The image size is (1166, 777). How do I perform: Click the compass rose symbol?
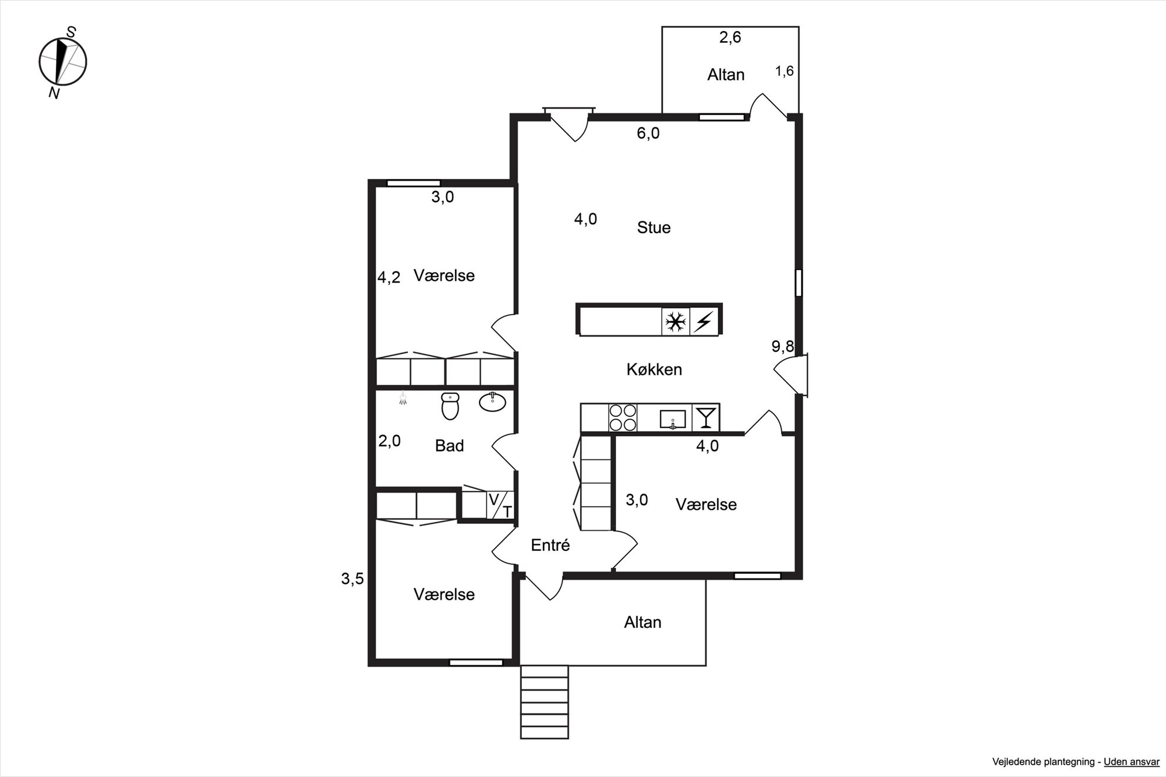[63, 61]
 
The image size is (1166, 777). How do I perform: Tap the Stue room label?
[654, 227]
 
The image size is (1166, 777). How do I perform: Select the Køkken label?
[654, 369]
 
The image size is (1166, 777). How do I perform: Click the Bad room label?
[450, 446]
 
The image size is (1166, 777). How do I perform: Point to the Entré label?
[550, 545]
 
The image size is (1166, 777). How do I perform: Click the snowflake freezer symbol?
[675, 322]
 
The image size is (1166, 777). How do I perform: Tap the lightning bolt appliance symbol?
[704, 322]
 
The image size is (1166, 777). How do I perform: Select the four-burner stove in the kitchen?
[623, 418]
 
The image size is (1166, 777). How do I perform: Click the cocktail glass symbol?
[705, 418]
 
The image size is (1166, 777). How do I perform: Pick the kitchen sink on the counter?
[672, 419]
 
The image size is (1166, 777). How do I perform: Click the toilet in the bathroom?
[450, 406]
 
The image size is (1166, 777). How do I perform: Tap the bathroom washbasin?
[492, 402]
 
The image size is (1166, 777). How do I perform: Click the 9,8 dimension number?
[783, 347]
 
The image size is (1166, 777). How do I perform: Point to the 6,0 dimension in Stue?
[648, 133]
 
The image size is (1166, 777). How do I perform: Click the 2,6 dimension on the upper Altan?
[731, 38]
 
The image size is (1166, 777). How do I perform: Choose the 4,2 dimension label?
[389, 277]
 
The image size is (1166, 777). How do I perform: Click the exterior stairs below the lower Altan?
[544, 702]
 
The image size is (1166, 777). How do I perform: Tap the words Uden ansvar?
[1131, 762]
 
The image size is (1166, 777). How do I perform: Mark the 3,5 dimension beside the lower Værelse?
[353, 579]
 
